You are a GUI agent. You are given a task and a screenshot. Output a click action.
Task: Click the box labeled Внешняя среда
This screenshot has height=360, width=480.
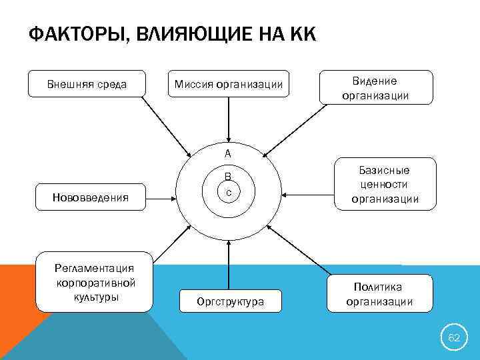pos(87,84)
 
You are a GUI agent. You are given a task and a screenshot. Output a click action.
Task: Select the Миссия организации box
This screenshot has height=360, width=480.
pos(229,84)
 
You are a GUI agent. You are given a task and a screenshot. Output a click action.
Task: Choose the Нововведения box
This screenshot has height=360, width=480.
pos(90,197)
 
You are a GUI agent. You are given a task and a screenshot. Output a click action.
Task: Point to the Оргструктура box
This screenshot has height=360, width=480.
pos(230,301)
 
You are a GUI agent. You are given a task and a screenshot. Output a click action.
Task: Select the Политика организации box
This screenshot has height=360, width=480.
pos(378,293)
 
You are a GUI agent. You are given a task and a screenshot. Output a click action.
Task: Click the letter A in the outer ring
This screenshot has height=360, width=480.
pos(228,154)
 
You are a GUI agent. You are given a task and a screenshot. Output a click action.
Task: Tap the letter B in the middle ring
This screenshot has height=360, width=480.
pos(228,177)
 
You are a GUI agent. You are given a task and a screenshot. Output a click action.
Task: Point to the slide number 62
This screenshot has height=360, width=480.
pos(454,338)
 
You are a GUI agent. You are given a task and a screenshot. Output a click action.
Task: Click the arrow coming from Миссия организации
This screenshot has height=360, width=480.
pos(229,120)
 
